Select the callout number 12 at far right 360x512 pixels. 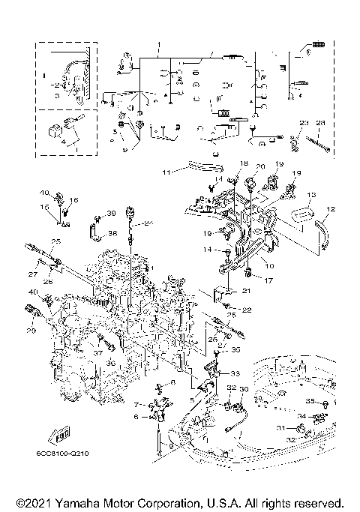pyautogui.click(x=330, y=209)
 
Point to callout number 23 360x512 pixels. pyautogui.click(x=304, y=122)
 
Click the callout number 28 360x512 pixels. pyautogui.click(x=321, y=122)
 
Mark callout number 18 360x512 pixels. pyautogui.click(x=243, y=163)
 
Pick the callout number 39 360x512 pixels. pyautogui.click(x=110, y=214)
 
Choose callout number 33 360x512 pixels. pyautogui.click(x=235, y=373)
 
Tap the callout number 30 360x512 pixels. pyautogui.click(x=243, y=390)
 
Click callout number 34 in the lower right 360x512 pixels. pyautogui.click(x=300, y=415)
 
